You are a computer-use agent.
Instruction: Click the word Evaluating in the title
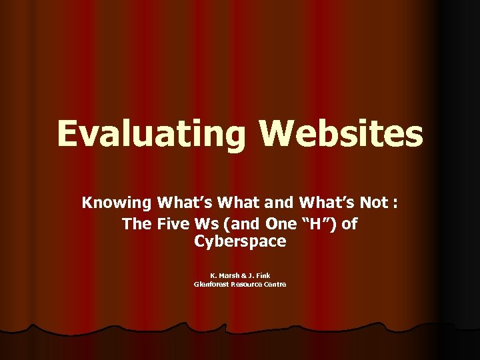pyautogui.click(x=151, y=134)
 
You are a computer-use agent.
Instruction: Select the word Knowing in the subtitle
pyautogui.click(x=117, y=202)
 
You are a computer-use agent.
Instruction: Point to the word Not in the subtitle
pyautogui.click(x=376, y=202)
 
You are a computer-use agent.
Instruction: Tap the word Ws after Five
pyautogui.click(x=213, y=223)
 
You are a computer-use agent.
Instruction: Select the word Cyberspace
pyautogui.click(x=240, y=241)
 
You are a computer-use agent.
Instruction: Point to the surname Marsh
pyautogui.click(x=229, y=275)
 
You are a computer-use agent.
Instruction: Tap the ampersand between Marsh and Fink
pyautogui.click(x=244, y=275)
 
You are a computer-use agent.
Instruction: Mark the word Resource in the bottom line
pyautogui.click(x=247, y=284)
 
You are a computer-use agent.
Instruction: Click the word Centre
pyautogui.click(x=275, y=284)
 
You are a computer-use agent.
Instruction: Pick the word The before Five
pyautogui.click(x=137, y=223)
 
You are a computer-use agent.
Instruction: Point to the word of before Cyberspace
pyautogui.click(x=349, y=223)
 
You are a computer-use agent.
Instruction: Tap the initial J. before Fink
pyautogui.click(x=251, y=275)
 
